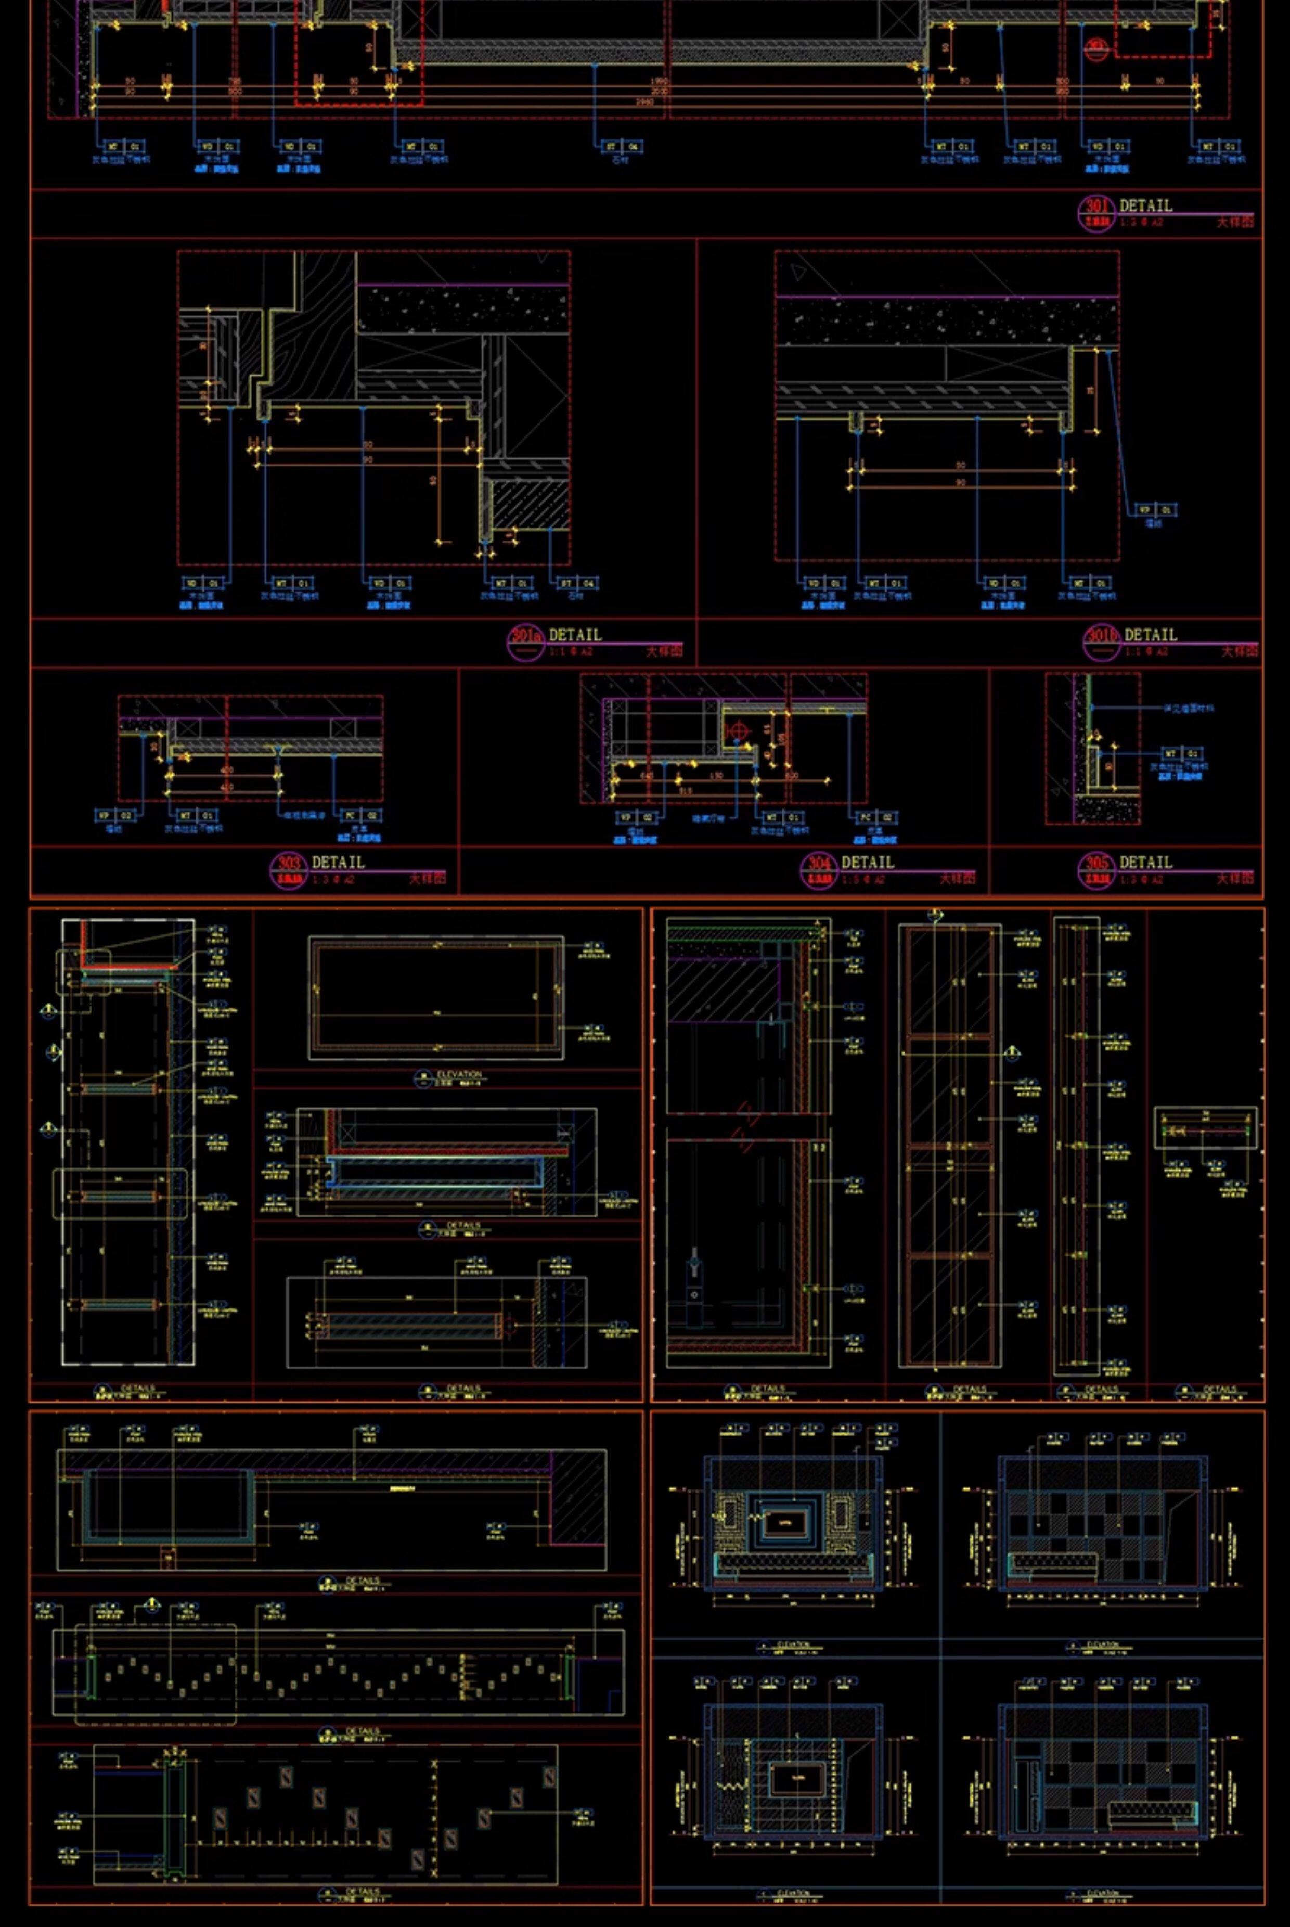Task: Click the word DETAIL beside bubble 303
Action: point(338,862)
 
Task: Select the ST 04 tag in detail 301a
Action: point(578,583)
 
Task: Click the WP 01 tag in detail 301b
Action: point(1156,510)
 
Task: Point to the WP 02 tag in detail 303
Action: point(115,815)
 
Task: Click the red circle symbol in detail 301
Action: point(1095,49)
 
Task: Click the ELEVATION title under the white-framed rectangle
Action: point(459,1075)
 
